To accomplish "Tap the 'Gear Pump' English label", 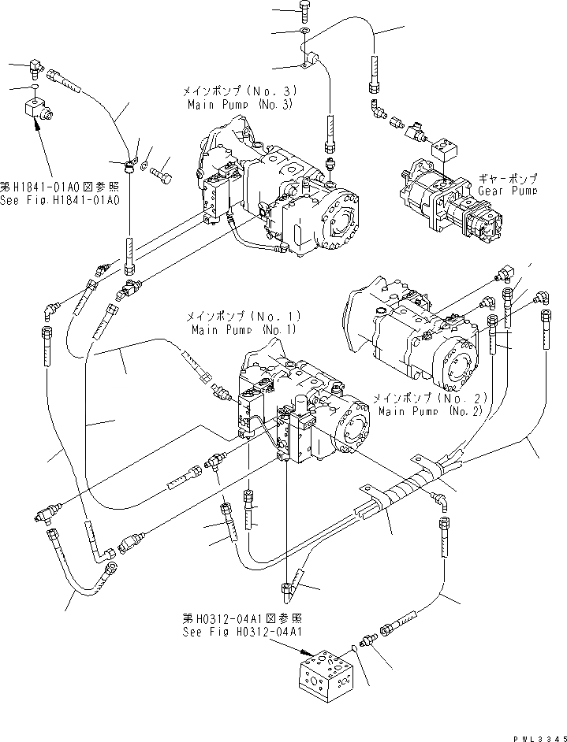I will coord(508,191).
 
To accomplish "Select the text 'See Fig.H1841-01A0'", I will coord(59,200).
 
